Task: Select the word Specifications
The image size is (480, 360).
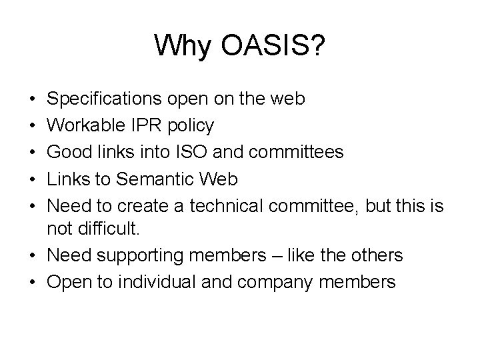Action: point(104,99)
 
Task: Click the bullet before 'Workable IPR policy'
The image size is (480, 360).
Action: point(33,125)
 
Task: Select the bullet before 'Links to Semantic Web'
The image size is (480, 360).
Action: point(33,178)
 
